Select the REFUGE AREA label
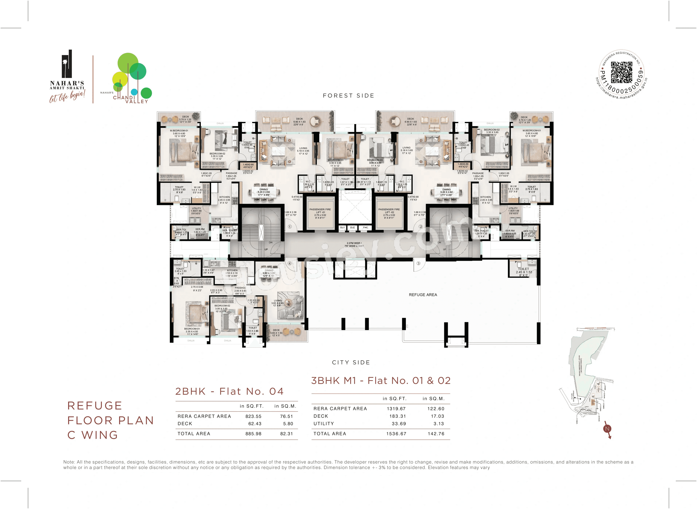(x=423, y=295)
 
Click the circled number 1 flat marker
(x=290, y=226)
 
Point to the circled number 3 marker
(x=418, y=263)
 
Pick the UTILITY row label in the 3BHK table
(x=324, y=424)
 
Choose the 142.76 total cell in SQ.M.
(x=436, y=434)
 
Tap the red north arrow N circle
(x=607, y=429)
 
